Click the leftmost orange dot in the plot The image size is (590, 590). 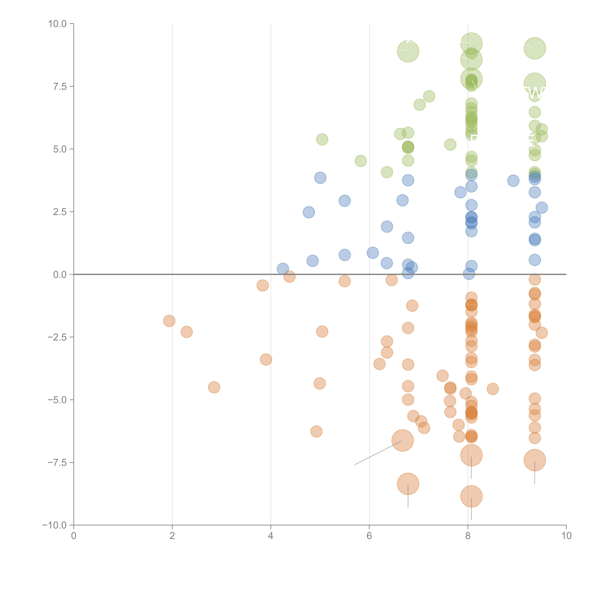click(x=169, y=321)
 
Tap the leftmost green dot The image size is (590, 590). click(x=322, y=140)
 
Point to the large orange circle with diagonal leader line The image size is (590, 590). click(x=402, y=440)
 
